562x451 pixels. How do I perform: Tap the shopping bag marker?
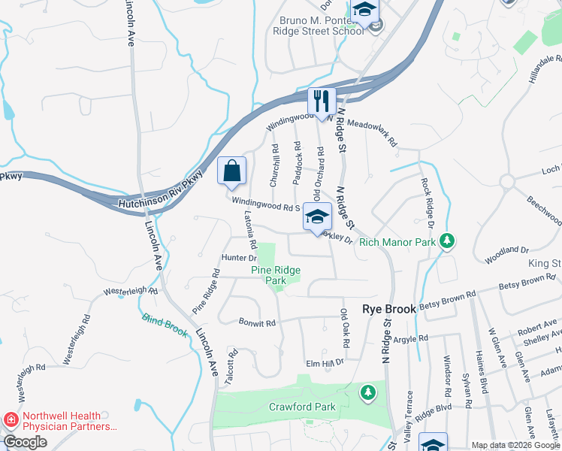(x=232, y=171)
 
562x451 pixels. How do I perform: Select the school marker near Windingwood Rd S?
(x=317, y=217)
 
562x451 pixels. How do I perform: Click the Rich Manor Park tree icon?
(x=448, y=241)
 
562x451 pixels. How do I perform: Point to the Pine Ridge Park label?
(x=275, y=275)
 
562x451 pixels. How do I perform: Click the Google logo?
(x=25, y=442)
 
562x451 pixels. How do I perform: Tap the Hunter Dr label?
(x=219, y=258)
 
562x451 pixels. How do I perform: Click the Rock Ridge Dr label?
(x=428, y=204)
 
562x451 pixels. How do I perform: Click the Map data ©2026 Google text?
(x=515, y=445)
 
